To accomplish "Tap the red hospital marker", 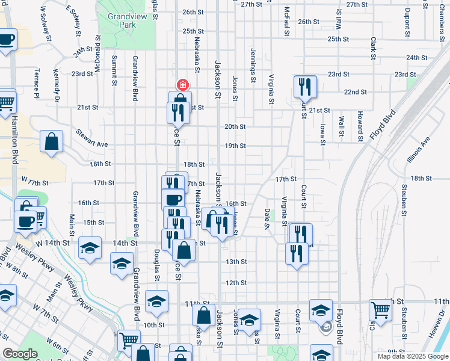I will coord(181,85).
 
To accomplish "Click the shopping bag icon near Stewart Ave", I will coord(52,142).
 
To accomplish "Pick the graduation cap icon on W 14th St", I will coord(90,248).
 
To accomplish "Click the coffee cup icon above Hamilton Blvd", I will coord(6,40).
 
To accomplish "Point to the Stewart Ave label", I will coord(91,138).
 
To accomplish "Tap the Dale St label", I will coord(268,218).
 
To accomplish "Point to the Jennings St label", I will coord(253,66).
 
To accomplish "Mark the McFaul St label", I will coord(287,22).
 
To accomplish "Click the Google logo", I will coord(20,354).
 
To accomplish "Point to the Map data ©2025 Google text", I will coord(412,356).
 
